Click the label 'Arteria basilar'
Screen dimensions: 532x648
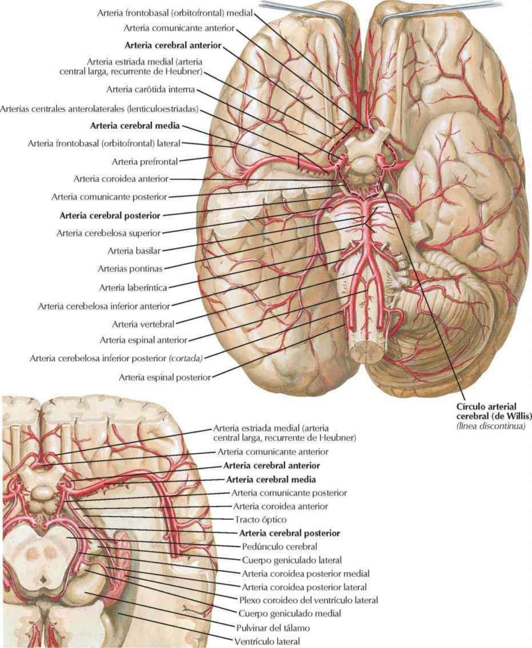pos(134,251)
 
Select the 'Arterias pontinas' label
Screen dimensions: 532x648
pos(130,269)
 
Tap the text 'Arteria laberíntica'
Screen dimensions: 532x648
pos(133,288)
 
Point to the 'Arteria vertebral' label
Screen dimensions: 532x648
pos(143,324)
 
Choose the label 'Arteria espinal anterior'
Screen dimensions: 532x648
pos(143,340)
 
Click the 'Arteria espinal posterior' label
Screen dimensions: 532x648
pos(164,378)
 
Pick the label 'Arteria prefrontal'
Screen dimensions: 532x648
pos(145,161)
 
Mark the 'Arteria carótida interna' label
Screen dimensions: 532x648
pos(151,89)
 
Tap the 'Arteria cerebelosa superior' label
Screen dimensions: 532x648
pos(108,233)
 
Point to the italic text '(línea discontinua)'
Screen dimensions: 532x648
pos(488,426)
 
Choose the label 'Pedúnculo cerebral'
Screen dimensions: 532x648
pos(280,547)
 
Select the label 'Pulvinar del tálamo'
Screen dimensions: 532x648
pos(273,627)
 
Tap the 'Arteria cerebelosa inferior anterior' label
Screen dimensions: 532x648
pos(104,306)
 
